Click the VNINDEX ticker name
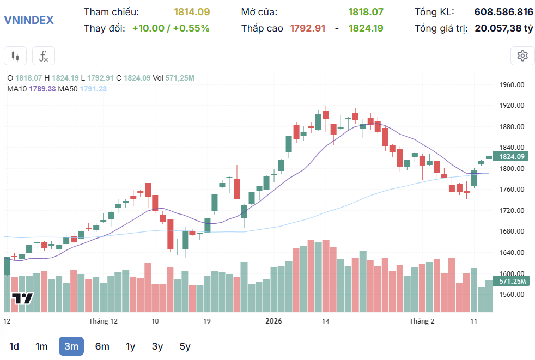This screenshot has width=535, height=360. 29,20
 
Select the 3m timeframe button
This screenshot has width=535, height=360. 71,346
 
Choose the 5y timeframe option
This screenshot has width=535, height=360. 185,346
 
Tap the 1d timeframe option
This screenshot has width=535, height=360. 15,346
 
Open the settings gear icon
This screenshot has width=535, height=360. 522,56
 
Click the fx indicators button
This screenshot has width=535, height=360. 44,56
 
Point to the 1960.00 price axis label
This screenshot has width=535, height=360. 512,85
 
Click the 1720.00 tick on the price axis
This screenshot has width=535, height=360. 512,210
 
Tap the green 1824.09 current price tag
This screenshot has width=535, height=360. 512,156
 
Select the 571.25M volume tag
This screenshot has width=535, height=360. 512,281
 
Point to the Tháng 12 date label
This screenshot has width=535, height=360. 103,321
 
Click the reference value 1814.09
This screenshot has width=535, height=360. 192,11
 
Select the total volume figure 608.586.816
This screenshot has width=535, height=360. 503,11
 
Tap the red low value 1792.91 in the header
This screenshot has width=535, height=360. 307,28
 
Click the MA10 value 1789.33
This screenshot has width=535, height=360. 43,89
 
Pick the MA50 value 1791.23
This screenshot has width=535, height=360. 93,89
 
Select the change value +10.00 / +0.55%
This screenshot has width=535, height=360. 171,28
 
